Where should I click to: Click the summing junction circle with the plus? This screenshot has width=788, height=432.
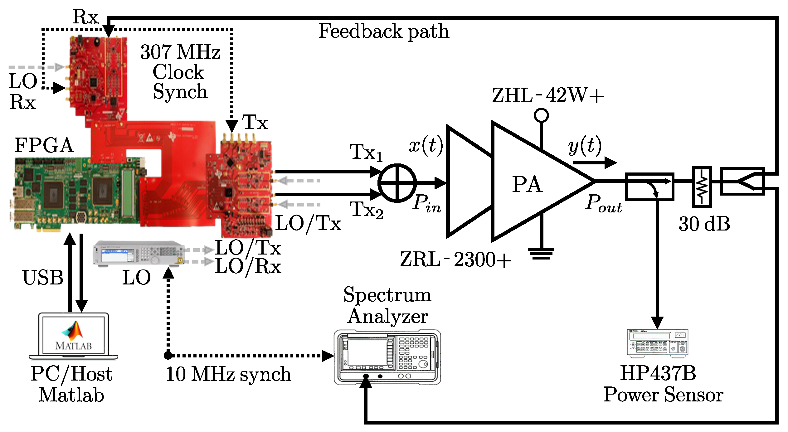(x=397, y=183)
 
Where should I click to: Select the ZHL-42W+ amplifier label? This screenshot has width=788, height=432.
(x=548, y=95)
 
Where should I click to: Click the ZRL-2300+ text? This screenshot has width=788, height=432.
(x=455, y=259)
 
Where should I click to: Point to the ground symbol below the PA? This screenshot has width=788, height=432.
(x=541, y=254)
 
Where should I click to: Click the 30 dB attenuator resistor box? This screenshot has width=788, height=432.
(x=702, y=187)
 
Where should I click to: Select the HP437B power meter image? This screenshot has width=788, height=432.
(x=658, y=343)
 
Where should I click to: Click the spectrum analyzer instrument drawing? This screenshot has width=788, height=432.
(x=387, y=357)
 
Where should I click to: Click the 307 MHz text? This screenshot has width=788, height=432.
(x=180, y=52)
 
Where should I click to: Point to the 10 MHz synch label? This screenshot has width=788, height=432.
(x=228, y=374)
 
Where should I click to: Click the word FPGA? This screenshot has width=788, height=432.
(x=44, y=145)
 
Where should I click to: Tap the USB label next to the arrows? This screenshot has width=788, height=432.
(x=43, y=277)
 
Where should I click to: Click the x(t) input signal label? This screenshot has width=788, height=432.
(x=426, y=145)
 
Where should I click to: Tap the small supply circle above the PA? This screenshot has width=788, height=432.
(x=541, y=115)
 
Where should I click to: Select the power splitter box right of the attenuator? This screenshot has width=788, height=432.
(x=742, y=181)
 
